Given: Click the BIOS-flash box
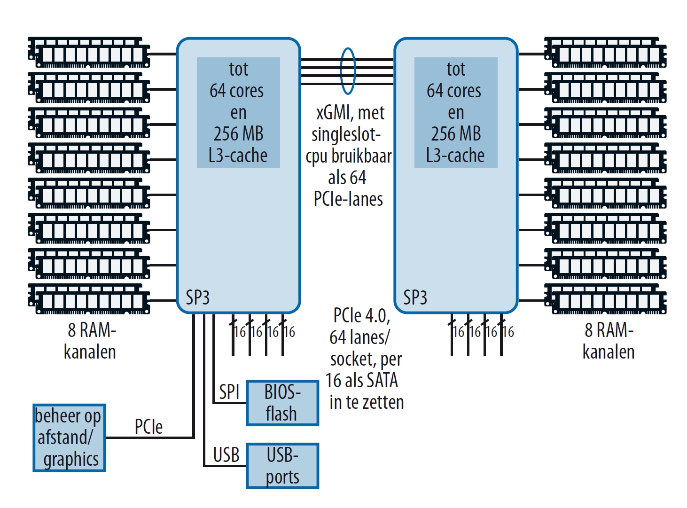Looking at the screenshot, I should click(x=282, y=403).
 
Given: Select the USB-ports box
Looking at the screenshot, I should click(x=282, y=466).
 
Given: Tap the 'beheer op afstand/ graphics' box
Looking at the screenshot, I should click(x=69, y=438).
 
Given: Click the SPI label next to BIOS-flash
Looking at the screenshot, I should click(x=229, y=391).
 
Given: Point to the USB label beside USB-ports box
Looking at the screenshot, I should click(x=226, y=455).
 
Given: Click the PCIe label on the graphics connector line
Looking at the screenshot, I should click(x=148, y=427).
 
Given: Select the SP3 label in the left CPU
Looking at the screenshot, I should click(x=197, y=297).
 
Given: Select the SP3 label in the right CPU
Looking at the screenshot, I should click(x=415, y=297).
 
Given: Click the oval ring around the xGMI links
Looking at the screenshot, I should click(x=348, y=71).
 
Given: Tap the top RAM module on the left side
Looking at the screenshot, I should click(x=89, y=53).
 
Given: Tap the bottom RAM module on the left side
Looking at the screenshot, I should click(x=89, y=299).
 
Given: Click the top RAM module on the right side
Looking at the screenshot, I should click(x=605, y=53).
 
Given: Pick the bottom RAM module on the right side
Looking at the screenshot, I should click(x=605, y=299).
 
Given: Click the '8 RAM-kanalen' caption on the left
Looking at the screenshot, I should click(x=90, y=341).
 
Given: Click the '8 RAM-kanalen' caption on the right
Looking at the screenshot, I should click(x=609, y=341).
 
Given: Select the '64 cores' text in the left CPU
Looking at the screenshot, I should click(x=237, y=91).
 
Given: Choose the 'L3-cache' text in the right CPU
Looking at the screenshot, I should click(x=455, y=156).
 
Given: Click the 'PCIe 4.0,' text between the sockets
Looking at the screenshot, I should click(x=361, y=315).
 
